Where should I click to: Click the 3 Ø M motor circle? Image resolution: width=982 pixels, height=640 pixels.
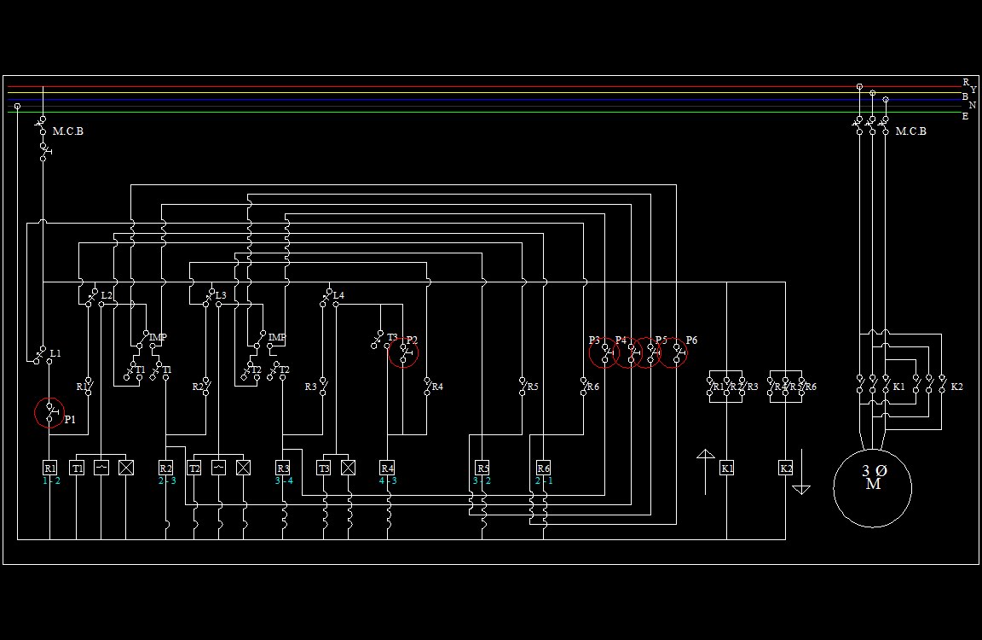coord(872,488)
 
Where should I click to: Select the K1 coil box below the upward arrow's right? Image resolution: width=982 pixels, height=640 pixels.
coord(726,468)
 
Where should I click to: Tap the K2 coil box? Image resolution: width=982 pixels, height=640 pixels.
coord(786,468)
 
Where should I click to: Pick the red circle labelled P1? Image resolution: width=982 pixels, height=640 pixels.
coord(49,413)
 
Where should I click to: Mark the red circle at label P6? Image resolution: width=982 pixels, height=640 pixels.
coord(673,352)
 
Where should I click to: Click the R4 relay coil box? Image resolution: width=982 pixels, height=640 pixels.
coord(387,468)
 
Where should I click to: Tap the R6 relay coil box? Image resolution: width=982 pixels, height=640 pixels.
coord(544,468)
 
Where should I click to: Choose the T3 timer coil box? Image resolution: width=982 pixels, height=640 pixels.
coord(324,468)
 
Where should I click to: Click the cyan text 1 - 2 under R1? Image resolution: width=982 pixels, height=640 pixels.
coord(51,481)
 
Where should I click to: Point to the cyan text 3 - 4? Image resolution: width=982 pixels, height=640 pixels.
coord(283,481)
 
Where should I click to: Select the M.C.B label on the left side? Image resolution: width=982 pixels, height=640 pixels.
coord(68,131)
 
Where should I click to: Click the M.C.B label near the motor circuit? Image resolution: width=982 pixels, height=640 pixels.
coord(910,131)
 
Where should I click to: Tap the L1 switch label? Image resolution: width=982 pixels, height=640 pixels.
coord(55,353)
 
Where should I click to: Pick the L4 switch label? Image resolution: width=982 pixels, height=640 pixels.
coord(338,295)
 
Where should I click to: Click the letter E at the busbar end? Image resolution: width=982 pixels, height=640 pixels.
coord(965,117)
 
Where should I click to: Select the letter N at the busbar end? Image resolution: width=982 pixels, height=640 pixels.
coord(972,105)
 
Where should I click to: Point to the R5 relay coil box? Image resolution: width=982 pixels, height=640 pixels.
coord(482,468)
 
